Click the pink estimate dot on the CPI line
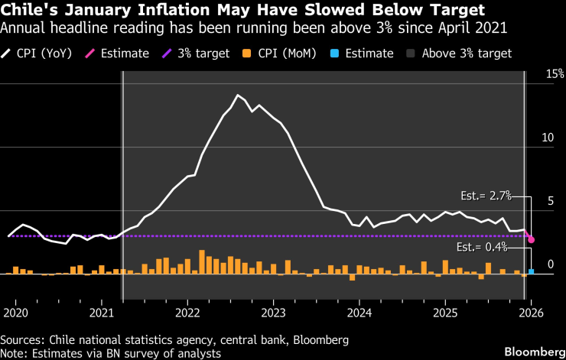pos(532,240)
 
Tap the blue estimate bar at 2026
pos(532,271)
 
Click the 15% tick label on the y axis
pos(555,74)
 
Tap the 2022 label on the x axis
pos(188,312)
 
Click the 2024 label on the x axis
pos(359,312)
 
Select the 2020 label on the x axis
pos(16,312)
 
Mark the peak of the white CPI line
pos(238,95)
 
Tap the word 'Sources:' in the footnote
pos(25,339)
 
